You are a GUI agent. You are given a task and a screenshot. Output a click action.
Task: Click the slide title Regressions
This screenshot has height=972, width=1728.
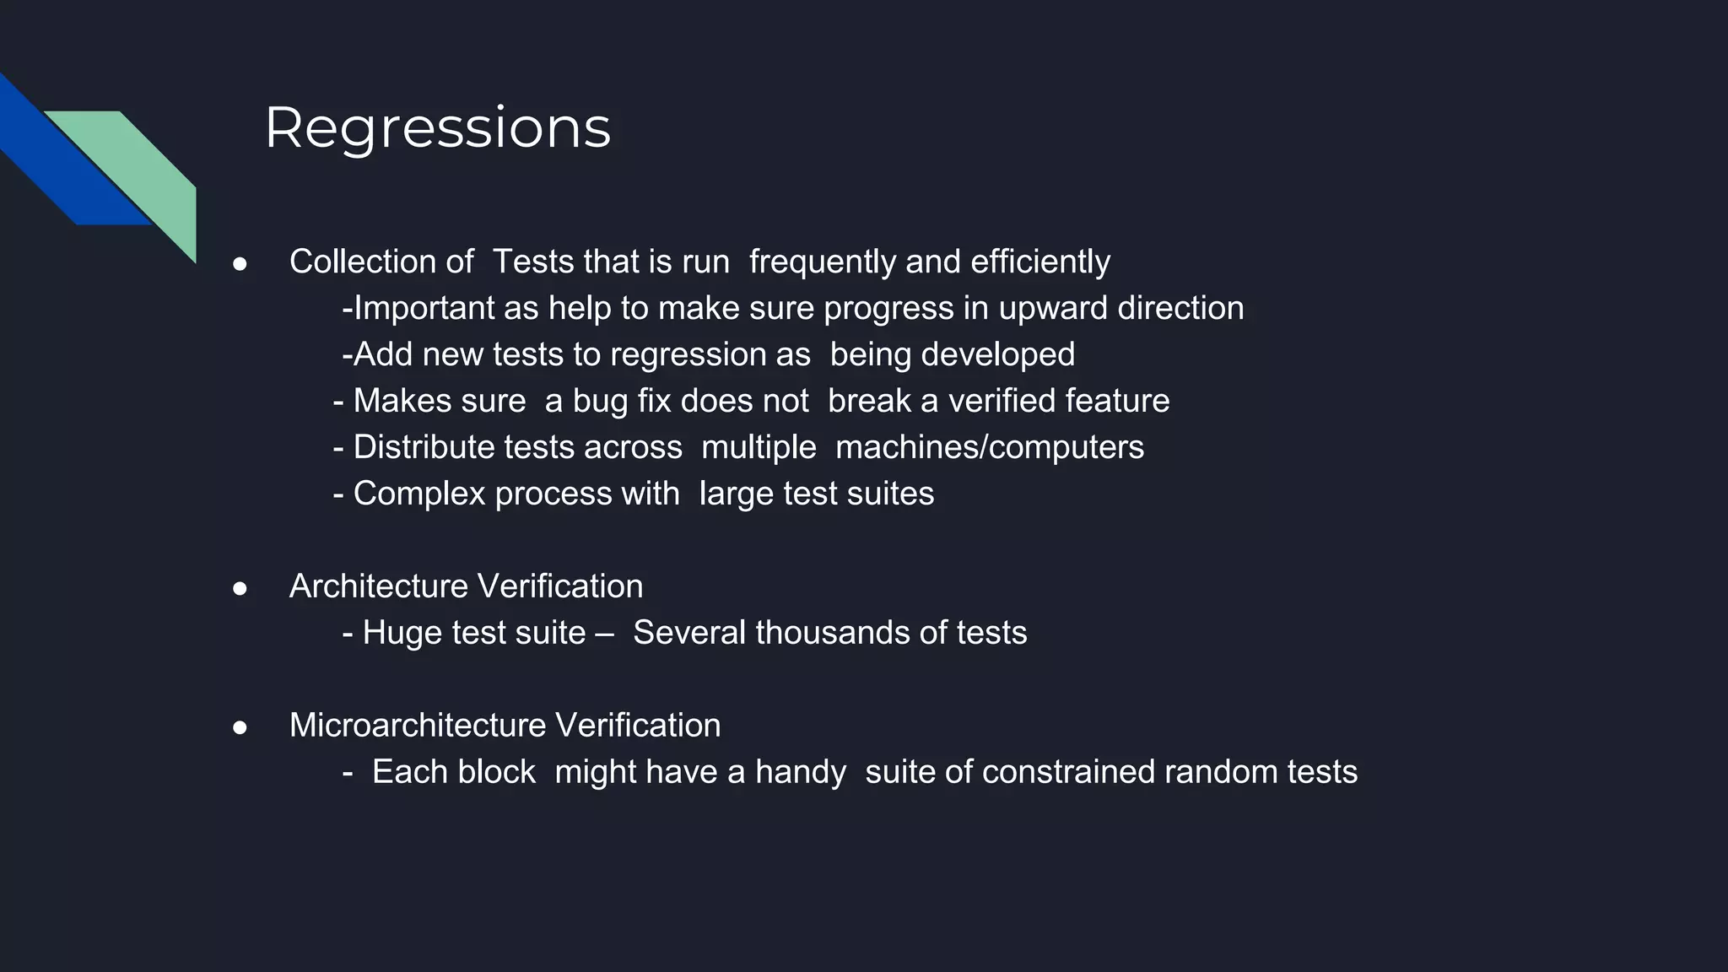coord(437,128)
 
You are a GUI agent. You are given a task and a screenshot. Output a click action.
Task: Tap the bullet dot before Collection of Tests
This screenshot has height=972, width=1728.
coord(240,264)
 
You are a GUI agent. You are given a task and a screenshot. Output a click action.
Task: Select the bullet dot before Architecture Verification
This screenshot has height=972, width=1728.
coord(240,588)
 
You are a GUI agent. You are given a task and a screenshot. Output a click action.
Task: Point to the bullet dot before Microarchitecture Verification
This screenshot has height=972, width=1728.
coord(240,727)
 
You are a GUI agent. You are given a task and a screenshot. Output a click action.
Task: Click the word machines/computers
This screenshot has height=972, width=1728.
coord(989,448)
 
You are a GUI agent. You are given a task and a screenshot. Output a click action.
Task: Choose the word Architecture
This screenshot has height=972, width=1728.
coord(379,586)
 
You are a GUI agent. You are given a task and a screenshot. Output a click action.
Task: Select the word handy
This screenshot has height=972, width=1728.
coord(800,773)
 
